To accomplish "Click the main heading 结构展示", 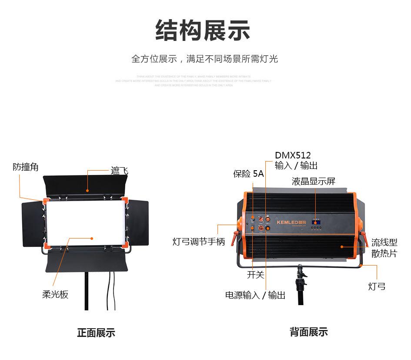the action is click(x=203, y=30).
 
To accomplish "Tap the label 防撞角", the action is click(x=26, y=167).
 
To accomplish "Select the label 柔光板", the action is click(x=55, y=295).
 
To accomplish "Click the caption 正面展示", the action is click(x=96, y=333).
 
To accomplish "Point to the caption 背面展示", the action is click(x=309, y=332).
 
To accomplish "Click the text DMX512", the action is click(x=293, y=155).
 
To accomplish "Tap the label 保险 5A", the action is click(x=248, y=174).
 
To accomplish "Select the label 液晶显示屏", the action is click(x=314, y=182).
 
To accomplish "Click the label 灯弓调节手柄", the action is click(x=199, y=242).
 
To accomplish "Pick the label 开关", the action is click(x=256, y=275).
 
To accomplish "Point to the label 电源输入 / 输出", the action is click(x=255, y=295).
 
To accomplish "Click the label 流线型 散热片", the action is click(x=384, y=248).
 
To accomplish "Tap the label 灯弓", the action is click(x=377, y=286).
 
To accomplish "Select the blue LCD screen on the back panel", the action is click(x=316, y=222).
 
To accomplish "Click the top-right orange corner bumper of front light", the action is click(x=125, y=201).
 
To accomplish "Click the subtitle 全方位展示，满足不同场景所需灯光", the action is click(x=204, y=59).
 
